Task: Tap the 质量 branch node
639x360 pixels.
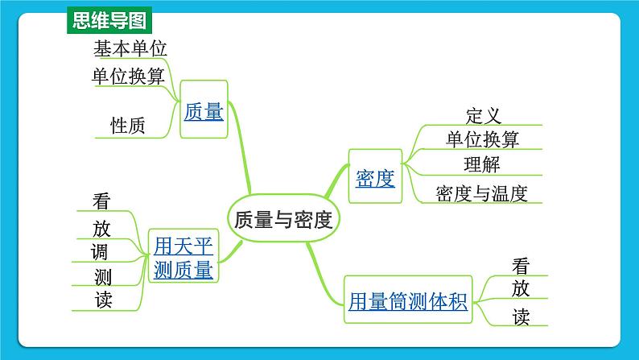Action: tap(204, 111)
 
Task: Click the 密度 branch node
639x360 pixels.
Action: tap(375, 178)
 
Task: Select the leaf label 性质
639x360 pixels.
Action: tap(128, 126)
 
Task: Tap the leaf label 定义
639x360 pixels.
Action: tap(483, 116)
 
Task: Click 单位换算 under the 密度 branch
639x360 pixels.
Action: tap(483, 139)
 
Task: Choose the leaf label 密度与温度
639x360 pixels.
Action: tap(481, 193)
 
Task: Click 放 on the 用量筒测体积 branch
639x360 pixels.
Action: tap(521, 288)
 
